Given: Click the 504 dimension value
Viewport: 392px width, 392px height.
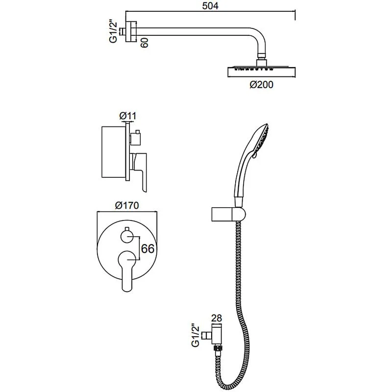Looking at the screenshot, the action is point(210,5).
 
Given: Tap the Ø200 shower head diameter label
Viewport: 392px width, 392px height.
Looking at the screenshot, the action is point(262,85).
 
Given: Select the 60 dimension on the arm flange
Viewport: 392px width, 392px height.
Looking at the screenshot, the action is point(145,43).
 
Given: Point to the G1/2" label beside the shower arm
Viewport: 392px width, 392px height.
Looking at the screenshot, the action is point(113,32).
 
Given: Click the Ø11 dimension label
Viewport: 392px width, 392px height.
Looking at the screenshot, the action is point(128,116).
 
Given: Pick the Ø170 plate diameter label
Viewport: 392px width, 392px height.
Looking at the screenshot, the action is point(127,205).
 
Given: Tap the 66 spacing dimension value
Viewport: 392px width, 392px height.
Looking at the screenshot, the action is point(148,248).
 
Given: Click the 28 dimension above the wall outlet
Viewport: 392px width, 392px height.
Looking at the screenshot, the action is point(217,318).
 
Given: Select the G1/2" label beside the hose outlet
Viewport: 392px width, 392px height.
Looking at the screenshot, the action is point(195,336).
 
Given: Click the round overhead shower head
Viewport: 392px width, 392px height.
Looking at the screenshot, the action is point(262,71).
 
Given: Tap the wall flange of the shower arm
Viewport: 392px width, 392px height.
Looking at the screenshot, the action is point(131,31).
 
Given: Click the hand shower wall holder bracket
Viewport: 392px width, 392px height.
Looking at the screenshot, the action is point(228,214).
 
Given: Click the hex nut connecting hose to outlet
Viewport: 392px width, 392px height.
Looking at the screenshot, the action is point(218,347).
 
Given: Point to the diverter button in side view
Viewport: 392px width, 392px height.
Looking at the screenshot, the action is point(135,138).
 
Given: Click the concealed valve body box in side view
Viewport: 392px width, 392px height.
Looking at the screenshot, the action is point(113,152).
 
